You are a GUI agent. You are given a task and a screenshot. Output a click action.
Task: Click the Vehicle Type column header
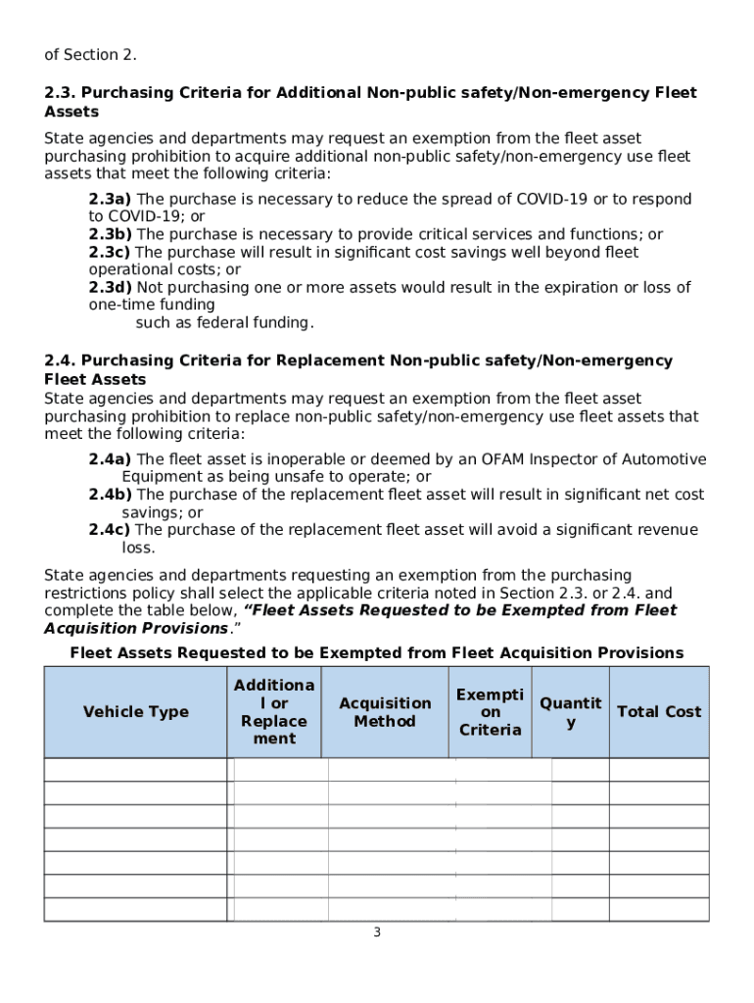tap(135, 712)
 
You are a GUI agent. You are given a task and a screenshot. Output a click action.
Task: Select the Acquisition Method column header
tap(385, 712)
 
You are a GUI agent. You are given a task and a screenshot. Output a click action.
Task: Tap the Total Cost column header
tap(659, 712)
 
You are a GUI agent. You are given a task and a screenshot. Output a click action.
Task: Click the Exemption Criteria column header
tap(490, 712)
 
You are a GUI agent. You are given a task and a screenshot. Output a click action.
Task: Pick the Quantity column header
tap(571, 712)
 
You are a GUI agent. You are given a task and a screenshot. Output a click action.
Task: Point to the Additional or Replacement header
tap(274, 712)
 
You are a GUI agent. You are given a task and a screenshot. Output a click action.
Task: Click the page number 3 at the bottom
tap(376, 932)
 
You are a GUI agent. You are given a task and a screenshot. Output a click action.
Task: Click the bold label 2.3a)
tap(111, 200)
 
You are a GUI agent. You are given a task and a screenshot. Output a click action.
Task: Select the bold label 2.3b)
tap(111, 235)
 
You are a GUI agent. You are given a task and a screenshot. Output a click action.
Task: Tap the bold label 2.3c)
tap(111, 253)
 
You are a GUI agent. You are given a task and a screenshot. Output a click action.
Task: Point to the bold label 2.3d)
tap(111, 288)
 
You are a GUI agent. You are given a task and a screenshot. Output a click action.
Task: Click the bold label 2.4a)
tap(111, 460)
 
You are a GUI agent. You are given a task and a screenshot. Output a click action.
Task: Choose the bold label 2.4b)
tap(111, 496)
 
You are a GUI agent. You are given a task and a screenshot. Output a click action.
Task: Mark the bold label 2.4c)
tap(111, 531)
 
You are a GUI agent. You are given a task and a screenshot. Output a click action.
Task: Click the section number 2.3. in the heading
tap(61, 93)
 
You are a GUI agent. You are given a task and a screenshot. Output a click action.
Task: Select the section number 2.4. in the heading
tap(61, 361)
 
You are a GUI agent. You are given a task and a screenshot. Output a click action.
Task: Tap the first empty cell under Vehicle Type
tap(135, 770)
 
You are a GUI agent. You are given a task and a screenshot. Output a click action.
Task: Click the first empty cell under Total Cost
tap(659, 770)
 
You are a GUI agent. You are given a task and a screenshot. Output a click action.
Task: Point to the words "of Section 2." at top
tap(90, 54)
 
